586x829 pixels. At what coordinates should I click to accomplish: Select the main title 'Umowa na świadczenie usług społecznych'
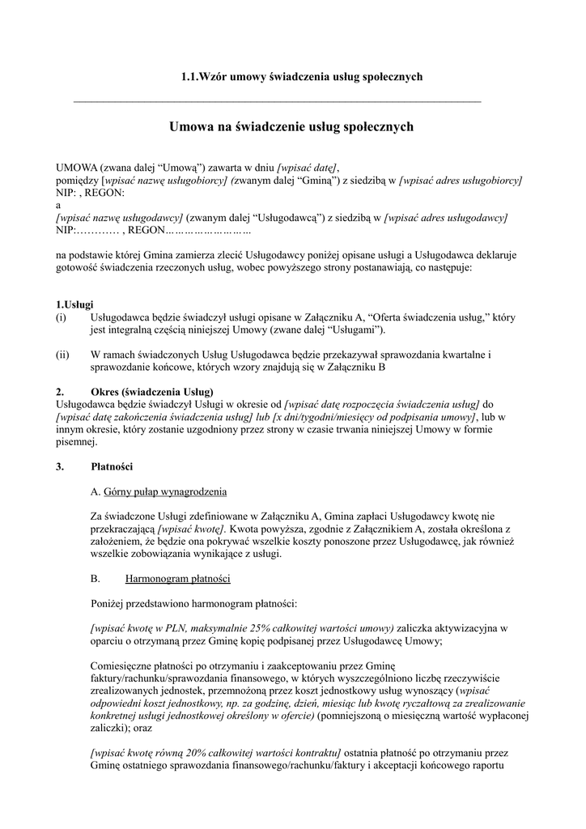[291, 127]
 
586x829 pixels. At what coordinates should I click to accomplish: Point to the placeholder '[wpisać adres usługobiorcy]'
[461, 181]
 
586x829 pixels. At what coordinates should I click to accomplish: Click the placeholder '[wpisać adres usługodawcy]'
[446, 219]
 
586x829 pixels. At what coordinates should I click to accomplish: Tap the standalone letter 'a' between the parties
[58, 206]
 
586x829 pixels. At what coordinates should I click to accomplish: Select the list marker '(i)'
[61, 317]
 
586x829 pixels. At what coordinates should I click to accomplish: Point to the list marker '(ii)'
[62, 355]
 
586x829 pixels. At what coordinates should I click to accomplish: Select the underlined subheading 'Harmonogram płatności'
[178, 580]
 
